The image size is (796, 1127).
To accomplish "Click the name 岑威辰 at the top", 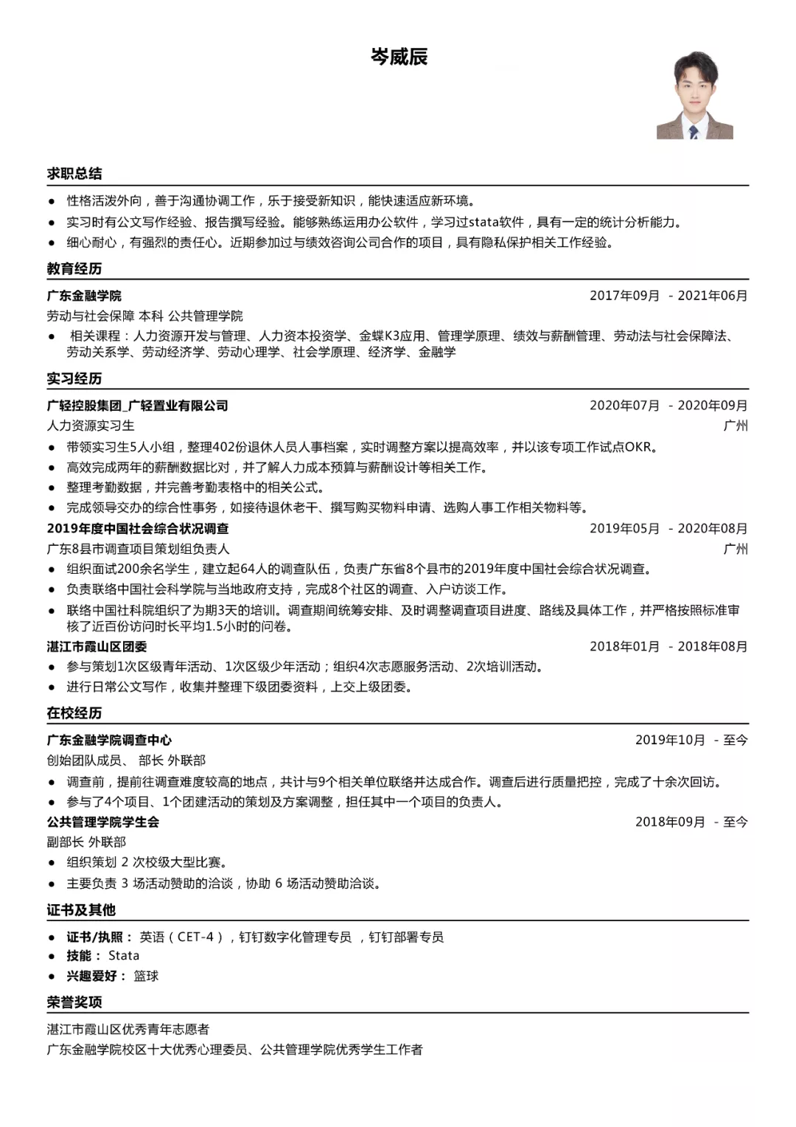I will (399, 57).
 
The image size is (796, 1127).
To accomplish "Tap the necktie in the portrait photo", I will (694, 132).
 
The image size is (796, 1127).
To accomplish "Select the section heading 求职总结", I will (74, 173).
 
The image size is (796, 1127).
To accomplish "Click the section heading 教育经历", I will (74, 268).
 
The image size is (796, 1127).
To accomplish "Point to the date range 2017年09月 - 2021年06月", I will (668, 296).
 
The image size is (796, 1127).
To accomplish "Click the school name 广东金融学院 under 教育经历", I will (84, 296).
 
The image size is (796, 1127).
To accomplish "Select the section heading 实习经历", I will (74, 378).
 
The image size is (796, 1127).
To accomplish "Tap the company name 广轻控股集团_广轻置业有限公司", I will (138, 406).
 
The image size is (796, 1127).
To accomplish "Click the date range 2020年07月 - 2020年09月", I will (668, 406).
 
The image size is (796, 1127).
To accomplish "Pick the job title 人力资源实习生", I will (91, 426).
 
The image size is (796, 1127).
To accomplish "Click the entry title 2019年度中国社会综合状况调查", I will (138, 529).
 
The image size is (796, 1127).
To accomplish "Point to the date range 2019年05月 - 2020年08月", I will (668, 529).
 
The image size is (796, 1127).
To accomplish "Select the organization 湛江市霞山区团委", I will (97, 647).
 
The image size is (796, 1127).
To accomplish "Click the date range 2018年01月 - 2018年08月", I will (668, 647).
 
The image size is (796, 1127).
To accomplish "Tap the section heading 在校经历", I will (74, 713).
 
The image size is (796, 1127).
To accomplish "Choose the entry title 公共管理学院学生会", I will (103, 822).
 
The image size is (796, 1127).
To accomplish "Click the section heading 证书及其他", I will (81, 910).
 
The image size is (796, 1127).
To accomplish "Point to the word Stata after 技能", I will (124, 956).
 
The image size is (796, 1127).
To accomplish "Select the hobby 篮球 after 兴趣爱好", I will (146, 976).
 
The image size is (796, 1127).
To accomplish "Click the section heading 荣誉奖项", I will (74, 1002).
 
